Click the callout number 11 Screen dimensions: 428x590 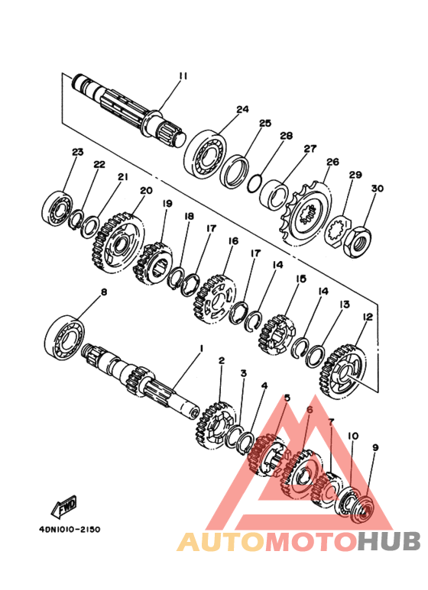pyautogui.click(x=183, y=76)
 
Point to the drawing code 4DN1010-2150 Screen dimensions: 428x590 pyautogui.click(x=70, y=529)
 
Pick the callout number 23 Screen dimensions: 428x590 pyautogui.click(x=78, y=153)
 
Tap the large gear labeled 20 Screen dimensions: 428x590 pyautogui.click(x=118, y=243)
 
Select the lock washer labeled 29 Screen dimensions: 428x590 pyautogui.click(x=338, y=233)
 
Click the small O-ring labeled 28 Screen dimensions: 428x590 pyautogui.click(x=254, y=182)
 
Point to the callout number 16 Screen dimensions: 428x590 pyautogui.click(x=233, y=241)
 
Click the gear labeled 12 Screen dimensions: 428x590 pyautogui.click(x=342, y=371)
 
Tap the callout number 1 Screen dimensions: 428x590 pyautogui.click(x=202, y=349)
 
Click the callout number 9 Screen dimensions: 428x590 pyautogui.click(x=375, y=447)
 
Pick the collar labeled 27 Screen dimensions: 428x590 pyautogui.click(x=274, y=195)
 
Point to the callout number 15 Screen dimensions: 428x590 pyautogui.click(x=300, y=279)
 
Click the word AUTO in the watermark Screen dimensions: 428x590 pyautogui.click(x=222, y=540)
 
